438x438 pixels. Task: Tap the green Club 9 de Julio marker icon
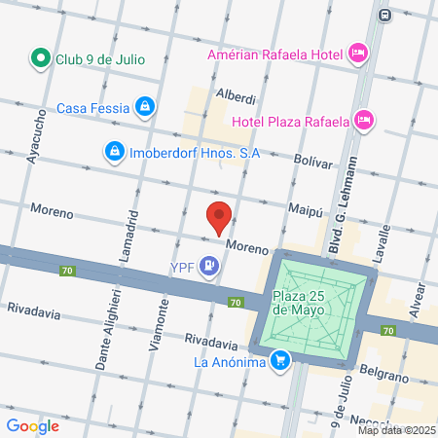pos(41,58)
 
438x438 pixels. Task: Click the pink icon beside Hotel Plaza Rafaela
pos(364,122)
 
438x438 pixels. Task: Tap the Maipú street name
pos(305,207)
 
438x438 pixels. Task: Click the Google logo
pos(32,425)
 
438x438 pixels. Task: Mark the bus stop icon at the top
pos(385,15)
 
